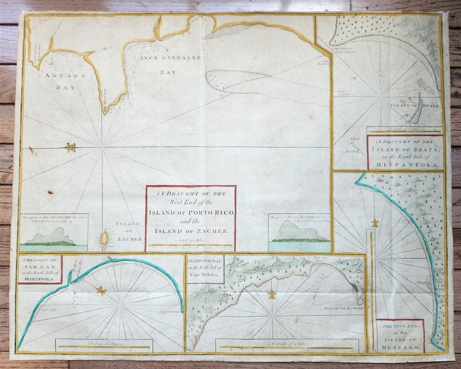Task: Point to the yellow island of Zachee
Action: point(103,238)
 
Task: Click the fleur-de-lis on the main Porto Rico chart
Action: point(71,148)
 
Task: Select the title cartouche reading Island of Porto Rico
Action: point(190,218)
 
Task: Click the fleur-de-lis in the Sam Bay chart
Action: point(101,290)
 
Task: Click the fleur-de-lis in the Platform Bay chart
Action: point(272,295)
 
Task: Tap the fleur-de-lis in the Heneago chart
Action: point(375,223)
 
